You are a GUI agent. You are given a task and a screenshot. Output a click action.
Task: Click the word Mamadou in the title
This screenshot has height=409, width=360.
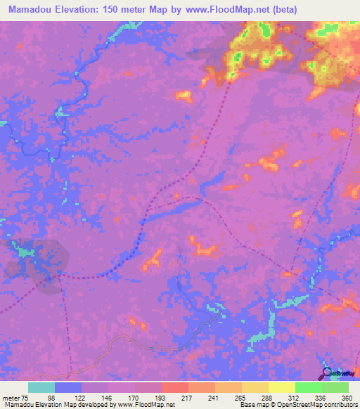tap(30, 10)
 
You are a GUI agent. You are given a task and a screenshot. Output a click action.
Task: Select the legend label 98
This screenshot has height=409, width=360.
tap(51, 398)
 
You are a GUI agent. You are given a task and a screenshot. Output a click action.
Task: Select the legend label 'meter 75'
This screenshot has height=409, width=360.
tap(16, 398)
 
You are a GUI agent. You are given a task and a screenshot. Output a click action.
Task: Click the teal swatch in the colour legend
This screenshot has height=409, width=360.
tap(41, 387)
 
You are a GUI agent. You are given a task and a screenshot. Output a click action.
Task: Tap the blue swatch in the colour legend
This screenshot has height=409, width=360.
tap(68, 387)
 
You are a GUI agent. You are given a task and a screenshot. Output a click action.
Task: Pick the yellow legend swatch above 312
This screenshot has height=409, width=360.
tap(282, 387)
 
